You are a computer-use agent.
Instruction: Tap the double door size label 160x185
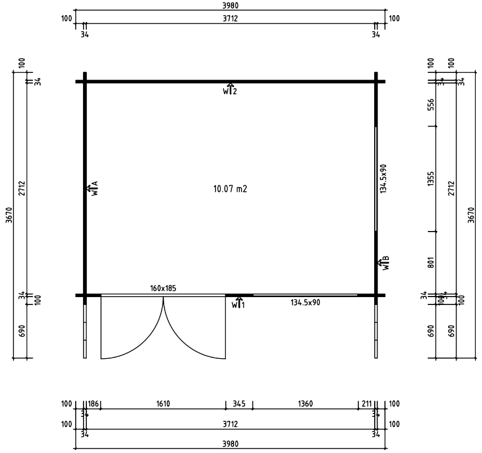pyautogui.click(x=163, y=288)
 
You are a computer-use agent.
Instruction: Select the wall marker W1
pyautogui.click(x=238, y=303)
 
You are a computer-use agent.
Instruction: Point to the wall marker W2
pyautogui.click(x=229, y=89)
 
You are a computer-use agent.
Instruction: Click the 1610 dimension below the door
pyautogui.click(x=163, y=404)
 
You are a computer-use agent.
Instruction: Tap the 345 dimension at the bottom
pyautogui.click(x=239, y=404)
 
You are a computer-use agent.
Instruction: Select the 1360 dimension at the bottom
pyautogui.click(x=305, y=404)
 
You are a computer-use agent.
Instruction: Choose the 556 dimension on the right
pyautogui.click(x=431, y=105)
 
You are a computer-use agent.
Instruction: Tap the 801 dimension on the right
pyautogui.click(x=431, y=263)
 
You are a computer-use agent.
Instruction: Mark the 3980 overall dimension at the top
pyautogui.click(x=230, y=5)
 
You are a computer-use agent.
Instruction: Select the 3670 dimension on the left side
pyautogui.click(x=8, y=215)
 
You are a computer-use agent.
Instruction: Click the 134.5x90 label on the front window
pyautogui.click(x=305, y=302)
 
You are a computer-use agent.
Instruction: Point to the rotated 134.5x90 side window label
pyautogui.click(x=383, y=179)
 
